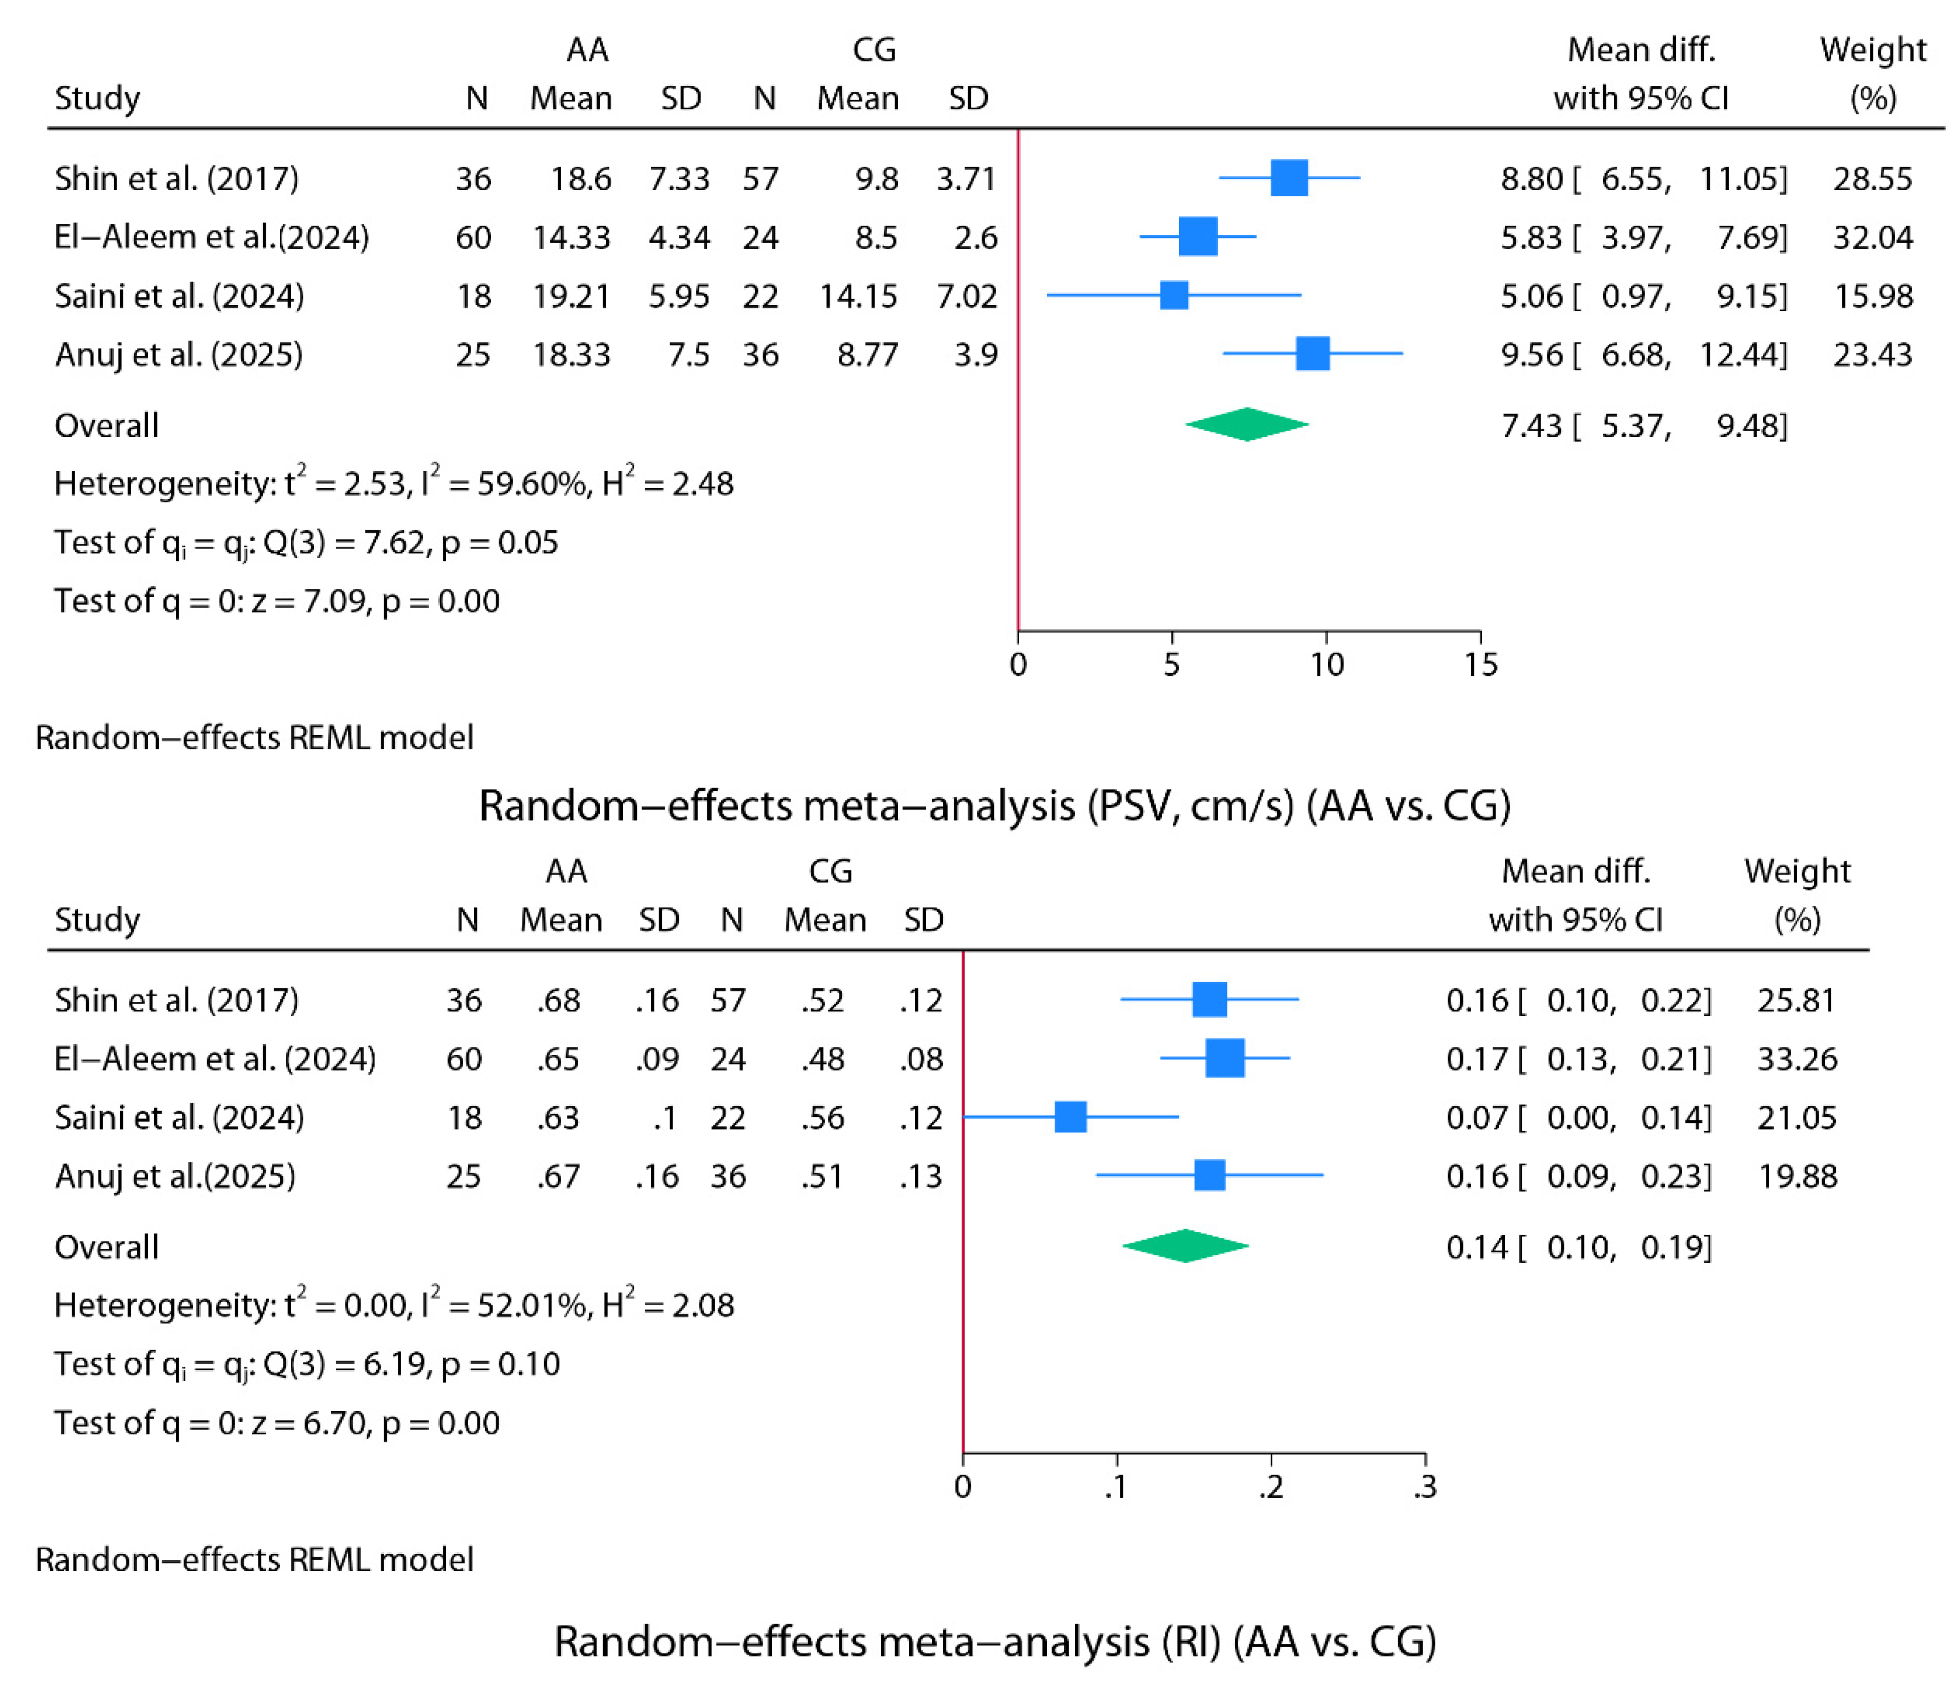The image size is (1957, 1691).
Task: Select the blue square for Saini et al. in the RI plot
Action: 1070,1117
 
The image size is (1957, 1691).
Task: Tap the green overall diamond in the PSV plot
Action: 1247,425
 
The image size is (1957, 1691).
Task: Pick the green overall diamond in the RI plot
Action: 1185,1246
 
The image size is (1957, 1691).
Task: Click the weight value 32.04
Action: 1872,237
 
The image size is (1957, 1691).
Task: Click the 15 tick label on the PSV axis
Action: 1480,665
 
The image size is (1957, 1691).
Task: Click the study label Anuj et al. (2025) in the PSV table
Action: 179,354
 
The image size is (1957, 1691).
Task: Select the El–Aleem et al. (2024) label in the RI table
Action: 215,1058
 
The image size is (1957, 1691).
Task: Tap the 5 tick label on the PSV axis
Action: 1171,665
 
